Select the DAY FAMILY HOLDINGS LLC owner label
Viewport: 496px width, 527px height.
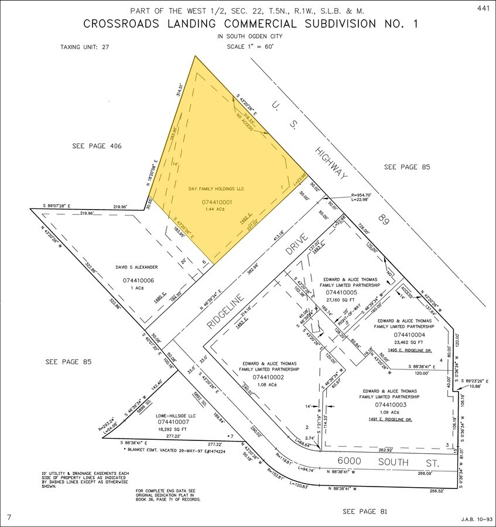click(216, 189)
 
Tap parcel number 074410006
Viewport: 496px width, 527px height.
click(138, 280)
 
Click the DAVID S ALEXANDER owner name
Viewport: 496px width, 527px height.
click(138, 267)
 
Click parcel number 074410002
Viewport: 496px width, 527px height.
click(269, 378)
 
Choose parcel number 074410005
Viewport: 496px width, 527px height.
click(350, 292)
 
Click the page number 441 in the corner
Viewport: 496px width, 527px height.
click(483, 8)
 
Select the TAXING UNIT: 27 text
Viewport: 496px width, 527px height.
click(85, 47)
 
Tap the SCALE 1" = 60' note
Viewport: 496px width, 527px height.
click(248, 47)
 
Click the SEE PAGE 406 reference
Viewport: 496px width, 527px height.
click(97, 146)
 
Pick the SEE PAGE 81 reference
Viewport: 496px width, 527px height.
click(365, 512)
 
